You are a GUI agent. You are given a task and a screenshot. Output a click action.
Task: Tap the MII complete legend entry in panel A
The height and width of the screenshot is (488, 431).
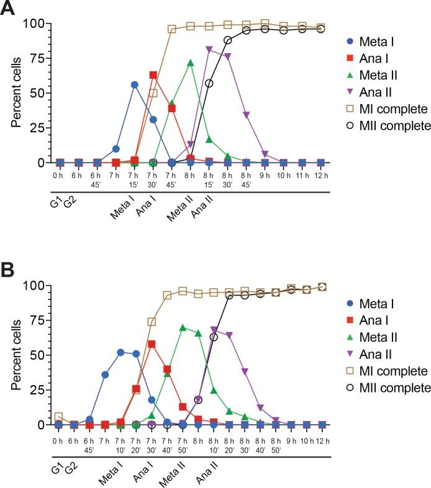coord(386,126)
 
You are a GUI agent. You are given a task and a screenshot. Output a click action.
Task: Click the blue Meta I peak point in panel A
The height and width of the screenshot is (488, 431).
coord(135,85)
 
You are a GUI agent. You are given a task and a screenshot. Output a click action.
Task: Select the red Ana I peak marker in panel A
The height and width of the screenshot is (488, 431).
coord(153,75)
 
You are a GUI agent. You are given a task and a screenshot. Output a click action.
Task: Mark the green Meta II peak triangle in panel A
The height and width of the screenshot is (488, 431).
coord(191,63)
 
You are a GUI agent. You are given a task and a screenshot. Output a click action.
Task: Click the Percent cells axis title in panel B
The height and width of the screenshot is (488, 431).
coord(19,356)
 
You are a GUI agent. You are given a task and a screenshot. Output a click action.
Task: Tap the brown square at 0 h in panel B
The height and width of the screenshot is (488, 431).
coord(59,417)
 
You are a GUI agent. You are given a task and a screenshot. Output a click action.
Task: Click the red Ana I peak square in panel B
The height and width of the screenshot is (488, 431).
coord(152,344)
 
